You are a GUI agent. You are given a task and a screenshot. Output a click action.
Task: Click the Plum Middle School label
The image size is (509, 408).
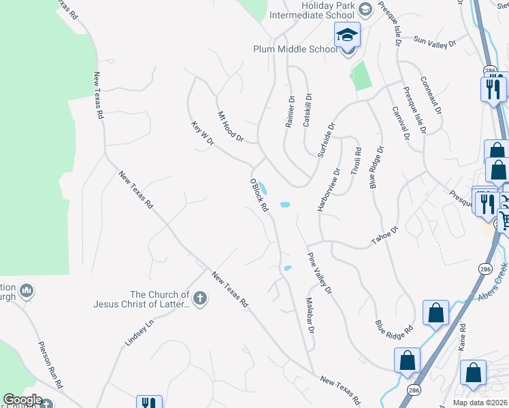click(x=295, y=49)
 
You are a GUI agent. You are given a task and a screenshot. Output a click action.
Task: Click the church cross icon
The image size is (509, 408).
click(x=199, y=299)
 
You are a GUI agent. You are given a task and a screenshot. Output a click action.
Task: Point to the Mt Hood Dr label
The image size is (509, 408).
click(x=230, y=126)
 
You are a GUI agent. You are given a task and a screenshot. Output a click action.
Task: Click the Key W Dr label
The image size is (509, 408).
click(x=203, y=133)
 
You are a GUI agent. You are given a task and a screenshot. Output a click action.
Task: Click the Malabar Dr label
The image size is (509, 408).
click(x=310, y=315)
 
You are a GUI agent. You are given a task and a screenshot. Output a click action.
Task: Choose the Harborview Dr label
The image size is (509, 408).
click(x=328, y=190)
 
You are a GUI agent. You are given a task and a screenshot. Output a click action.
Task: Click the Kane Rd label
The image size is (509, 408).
click(x=463, y=337)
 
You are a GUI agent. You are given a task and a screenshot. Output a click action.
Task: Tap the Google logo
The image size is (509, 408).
click(x=22, y=400)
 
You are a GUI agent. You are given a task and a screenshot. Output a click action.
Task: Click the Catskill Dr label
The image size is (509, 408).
click(x=308, y=110)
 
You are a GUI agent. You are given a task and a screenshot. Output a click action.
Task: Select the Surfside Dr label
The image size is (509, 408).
click(x=327, y=139)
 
